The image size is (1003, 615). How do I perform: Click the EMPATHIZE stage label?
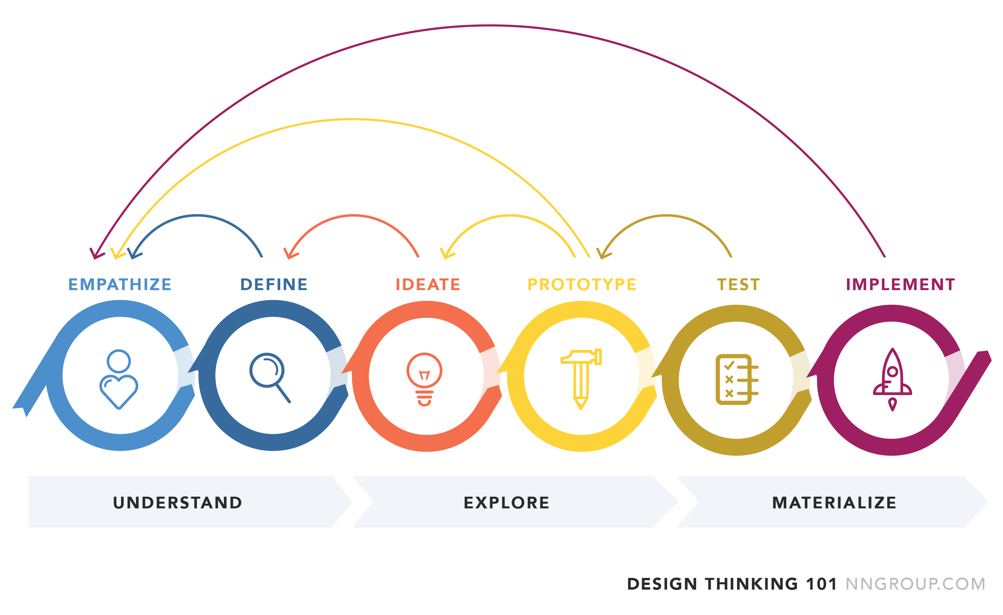tap(120, 284)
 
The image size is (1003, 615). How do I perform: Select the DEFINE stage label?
tap(274, 284)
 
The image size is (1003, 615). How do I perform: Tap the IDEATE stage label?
tap(428, 284)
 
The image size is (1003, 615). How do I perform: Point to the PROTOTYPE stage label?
tap(582, 284)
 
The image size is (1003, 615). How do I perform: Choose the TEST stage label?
tap(739, 284)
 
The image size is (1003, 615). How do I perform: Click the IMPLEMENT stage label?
tap(900, 284)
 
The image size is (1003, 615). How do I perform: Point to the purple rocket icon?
tap(892, 379)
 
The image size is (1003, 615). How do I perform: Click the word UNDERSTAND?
tap(178, 503)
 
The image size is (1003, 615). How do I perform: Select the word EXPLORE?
tap(507, 503)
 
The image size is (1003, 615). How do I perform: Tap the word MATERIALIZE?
tap(834, 503)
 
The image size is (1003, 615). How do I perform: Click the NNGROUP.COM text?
tap(915, 584)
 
